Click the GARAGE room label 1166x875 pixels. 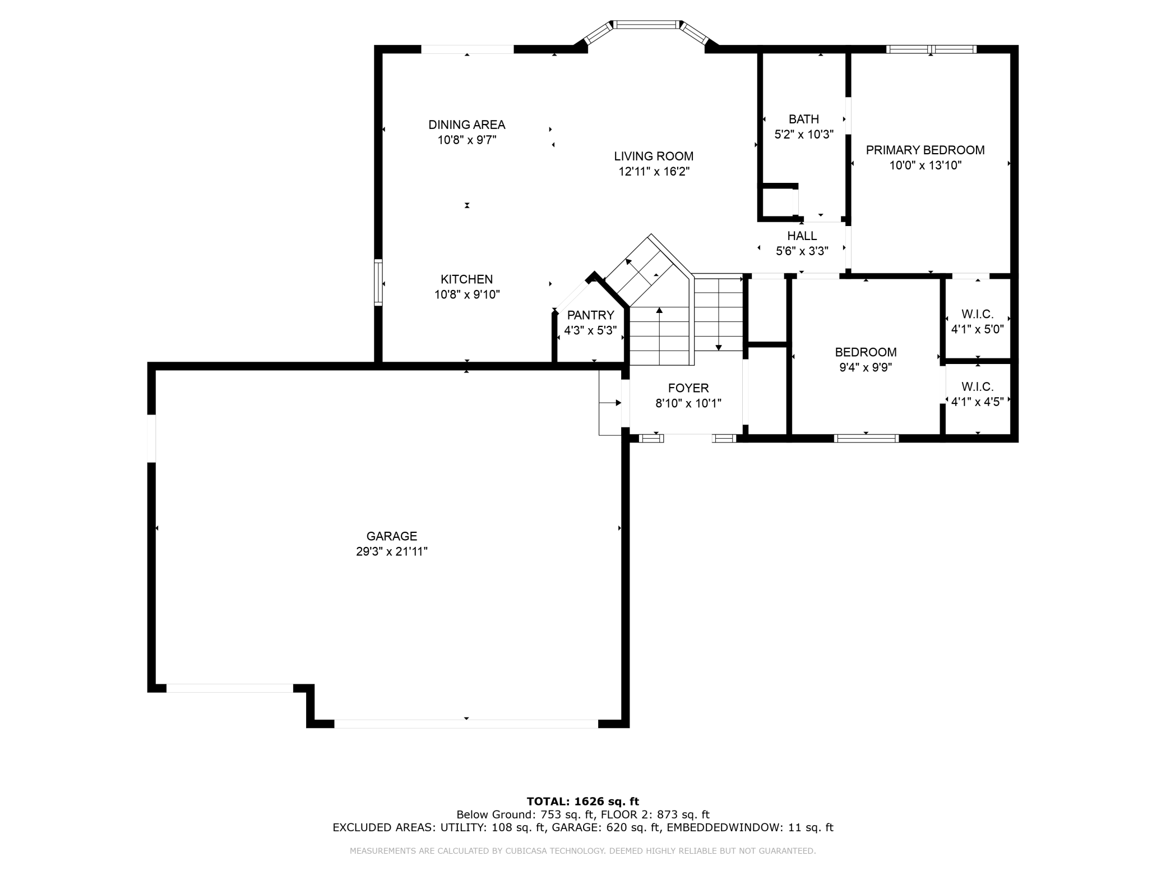tap(391, 536)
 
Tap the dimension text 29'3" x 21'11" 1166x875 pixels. tap(391, 551)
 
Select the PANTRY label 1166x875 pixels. tap(590, 315)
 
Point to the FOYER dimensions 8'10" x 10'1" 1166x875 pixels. tap(688, 403)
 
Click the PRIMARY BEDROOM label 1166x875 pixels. tap(925, 150)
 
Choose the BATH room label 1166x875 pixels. tap(803, 119)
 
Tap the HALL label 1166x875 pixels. tap(802, 236)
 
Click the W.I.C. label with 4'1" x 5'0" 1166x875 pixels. tap(977, 314)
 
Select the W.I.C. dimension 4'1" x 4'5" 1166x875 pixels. tap(977, 402)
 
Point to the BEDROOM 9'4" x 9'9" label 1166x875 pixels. tap(866, 352)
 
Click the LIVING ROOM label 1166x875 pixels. tap(653, 156)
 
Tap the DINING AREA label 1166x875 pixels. tap(466, 125)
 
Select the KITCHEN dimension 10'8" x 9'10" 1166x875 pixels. tap(466, 294)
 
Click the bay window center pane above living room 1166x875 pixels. tap(646, 25)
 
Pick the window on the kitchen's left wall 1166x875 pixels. tap(378, 283)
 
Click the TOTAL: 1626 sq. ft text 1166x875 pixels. tap(582, 802)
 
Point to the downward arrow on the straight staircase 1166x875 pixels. tap(718, 347)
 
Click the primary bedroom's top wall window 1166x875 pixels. tap(931, 49)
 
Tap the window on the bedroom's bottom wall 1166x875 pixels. tap(866, 438)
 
